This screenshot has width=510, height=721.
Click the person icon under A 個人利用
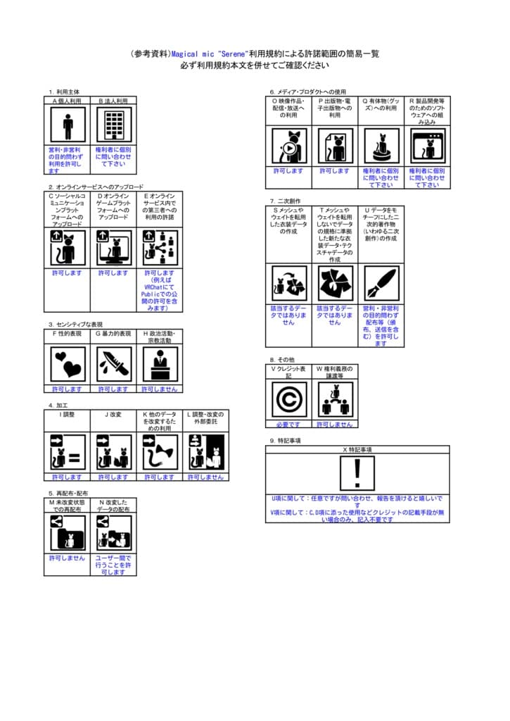pyautogui.click(x=68, y=127)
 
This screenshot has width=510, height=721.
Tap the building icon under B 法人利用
pyautogui.click(x=113, y=127)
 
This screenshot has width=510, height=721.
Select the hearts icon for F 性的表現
pyautogui.click(x=68, y=364)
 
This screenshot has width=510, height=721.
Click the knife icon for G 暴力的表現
pyautogui.click(x=113, y=364)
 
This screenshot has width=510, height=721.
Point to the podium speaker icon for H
pyautogui.click(x=159, y=364)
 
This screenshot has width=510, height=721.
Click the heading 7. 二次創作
pyautogui.click(x=285, y=201)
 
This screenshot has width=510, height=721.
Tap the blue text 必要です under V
pyautogui.click(x=288, y=425)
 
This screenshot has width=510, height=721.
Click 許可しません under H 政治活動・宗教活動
pyautogui.click(x=159, y=389)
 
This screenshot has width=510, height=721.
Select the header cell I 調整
pyautogui.click(x=68, y=415)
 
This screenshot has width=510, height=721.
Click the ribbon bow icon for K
pyautogui.click(x=159, y=451)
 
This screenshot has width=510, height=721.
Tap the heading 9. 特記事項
pyautogui.click(x=285, y=440)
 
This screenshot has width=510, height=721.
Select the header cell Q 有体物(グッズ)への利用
pyautogui.click(x=381, y=109)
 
